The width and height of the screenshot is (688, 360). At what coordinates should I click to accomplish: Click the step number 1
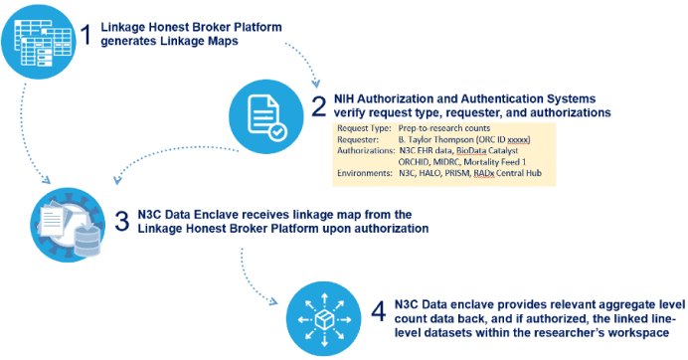86,37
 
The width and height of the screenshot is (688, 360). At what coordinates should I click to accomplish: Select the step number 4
379,309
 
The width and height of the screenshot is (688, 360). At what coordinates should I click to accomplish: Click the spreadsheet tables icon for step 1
41,42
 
